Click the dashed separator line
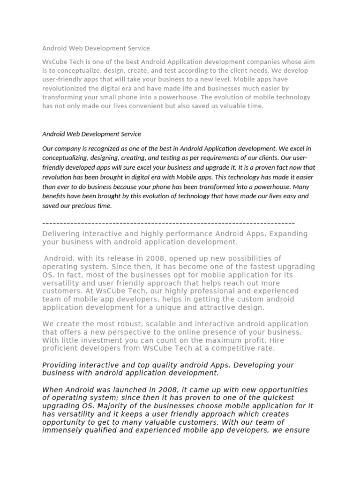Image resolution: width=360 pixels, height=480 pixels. tap(169, 223)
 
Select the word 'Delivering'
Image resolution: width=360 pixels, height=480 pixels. tap(60, 233)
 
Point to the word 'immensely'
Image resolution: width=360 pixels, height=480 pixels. tap(60, 430)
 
